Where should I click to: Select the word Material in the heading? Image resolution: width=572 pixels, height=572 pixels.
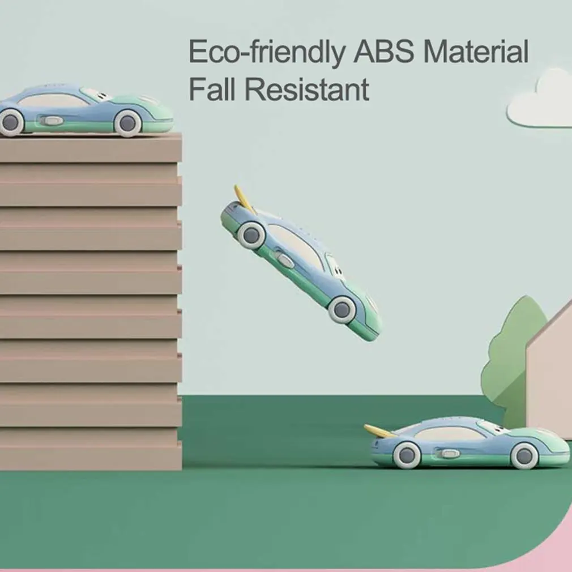coord(476,53)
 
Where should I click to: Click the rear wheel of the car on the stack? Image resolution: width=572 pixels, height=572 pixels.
coord(11,122)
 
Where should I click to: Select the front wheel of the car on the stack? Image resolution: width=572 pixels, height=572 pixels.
coord(127,122)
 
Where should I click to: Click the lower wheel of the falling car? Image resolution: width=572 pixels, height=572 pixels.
coord(342,309)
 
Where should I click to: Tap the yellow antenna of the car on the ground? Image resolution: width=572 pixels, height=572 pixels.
coord(379,431)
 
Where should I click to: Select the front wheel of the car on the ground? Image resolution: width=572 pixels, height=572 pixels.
coord(524,455)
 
